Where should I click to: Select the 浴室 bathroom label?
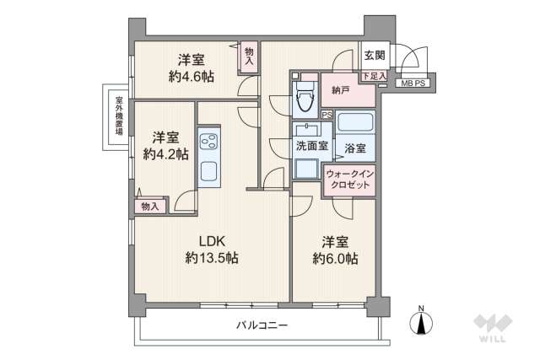(x=355, y=148)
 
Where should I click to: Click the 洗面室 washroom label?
(x=307, y=145)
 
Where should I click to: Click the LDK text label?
(x=211, y=239)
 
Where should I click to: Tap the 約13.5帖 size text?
(x=211, y=258)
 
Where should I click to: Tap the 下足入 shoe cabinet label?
(x=371, y=77)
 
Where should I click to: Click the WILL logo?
(x=491, y=328)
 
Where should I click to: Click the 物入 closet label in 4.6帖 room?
(x=249, y=55)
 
